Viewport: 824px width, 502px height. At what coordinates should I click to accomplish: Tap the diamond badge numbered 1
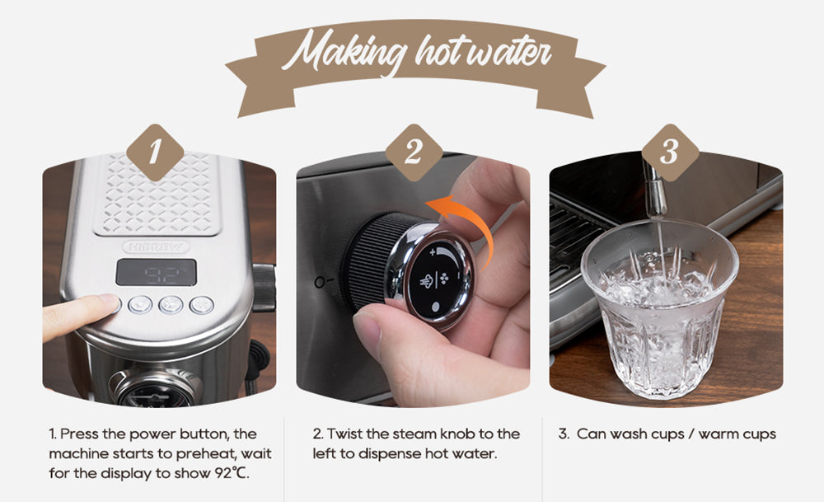pyautogui.click(x=155, y=152)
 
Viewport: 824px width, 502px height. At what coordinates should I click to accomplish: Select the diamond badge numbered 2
pyautogui.click(x=414, y=152)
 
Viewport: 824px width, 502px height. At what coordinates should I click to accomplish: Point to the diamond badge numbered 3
pyautogui.click(x=670, y=152)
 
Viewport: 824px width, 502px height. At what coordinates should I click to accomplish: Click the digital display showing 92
pyautogui.click(x=156, y=272)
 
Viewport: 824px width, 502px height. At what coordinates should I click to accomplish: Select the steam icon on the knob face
pyautogui.click(x=426, y=281)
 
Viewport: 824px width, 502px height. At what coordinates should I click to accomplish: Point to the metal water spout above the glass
pyautogui.click(x=653, y=190)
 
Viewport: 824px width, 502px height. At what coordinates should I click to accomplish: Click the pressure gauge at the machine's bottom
pyautogui.click(x=153, y=389)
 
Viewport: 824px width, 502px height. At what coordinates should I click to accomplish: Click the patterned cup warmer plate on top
pyautogui.click(x=157, y=194)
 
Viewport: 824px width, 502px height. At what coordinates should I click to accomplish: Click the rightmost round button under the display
pyautogui.click(x=202, y=305)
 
